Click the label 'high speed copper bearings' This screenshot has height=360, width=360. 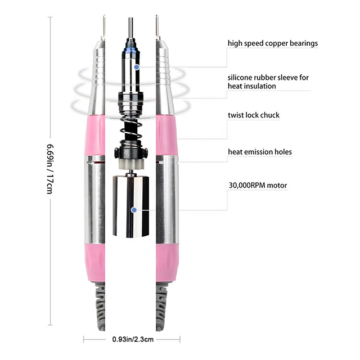(x=272, y=43)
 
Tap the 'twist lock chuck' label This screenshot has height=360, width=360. (x=253, y=115)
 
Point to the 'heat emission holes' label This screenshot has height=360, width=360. (x=259, y=152)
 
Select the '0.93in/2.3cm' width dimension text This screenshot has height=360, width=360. (x=132, y=339)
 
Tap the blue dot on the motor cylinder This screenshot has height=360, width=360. (x=134, y=210)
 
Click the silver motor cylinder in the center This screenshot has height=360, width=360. (x=133, y=205)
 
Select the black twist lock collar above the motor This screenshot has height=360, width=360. (x=132, y=153)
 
